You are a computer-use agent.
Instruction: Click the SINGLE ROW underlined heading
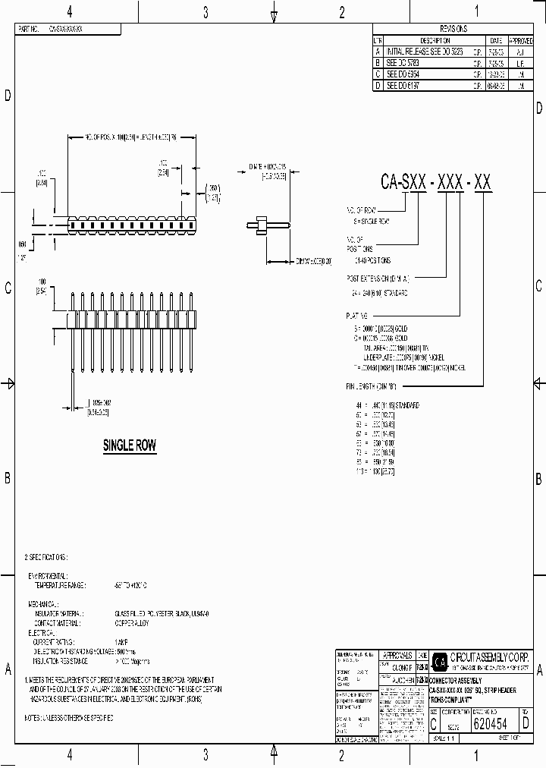pyautogui.click(x=130, y=446)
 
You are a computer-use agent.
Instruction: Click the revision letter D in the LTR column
pyautogui.click(x=378, y=87)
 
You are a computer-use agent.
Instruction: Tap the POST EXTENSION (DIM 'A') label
pyautogui.click(x=378, y=278)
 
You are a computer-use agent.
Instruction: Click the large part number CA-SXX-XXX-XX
pyautogui.click(x=436, y=182)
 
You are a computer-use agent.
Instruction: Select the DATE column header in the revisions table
pyautogui.click(x=496, y=40)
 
